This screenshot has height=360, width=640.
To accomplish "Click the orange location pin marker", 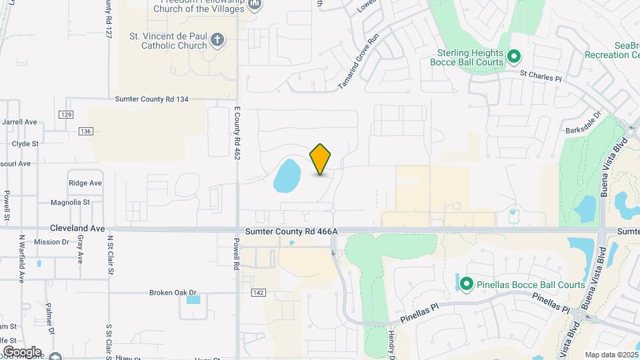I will coord(321,159).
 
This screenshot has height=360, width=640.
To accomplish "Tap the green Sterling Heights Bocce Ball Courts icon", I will coord(513,56).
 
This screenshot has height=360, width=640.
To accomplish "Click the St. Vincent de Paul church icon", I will coord(217,41).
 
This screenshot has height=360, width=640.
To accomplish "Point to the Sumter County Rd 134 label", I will coord(152,99).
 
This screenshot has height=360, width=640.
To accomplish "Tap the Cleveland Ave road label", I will coord(78,228).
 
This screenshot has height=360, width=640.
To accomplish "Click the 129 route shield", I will coord(65,115).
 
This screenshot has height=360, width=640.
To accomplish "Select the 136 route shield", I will coord(85,131).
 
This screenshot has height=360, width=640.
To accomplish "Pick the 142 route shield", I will coord(259,293).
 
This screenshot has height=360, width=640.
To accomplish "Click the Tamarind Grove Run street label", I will coord(359,62).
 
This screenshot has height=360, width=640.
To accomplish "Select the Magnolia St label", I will coord(70,202).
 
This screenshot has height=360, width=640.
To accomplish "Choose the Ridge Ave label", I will coord(85,183).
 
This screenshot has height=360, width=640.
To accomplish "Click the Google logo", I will coord(22,351).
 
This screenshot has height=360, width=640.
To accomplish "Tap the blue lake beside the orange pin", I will coord(287,174).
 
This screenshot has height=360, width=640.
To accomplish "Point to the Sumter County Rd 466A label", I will coord(292,231).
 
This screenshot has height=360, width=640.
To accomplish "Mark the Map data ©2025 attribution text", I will coord(611,355).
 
